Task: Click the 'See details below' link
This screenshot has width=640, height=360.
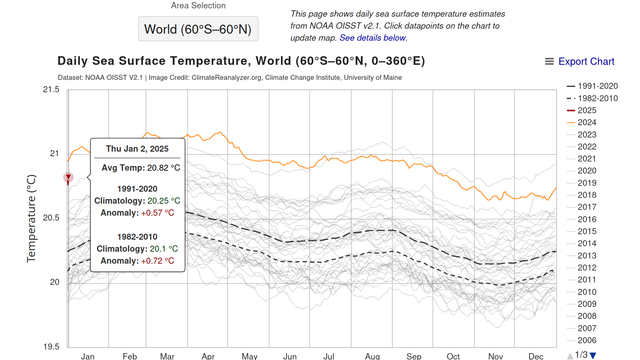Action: tap(372, 37)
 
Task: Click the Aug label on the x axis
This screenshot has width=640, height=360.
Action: tap(371, 355)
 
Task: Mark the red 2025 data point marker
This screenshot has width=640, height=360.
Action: tap(67, 178)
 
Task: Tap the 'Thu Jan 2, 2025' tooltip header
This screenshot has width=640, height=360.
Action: tap(138, 149)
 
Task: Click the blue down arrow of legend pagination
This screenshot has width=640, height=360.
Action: tap(592, 354)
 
